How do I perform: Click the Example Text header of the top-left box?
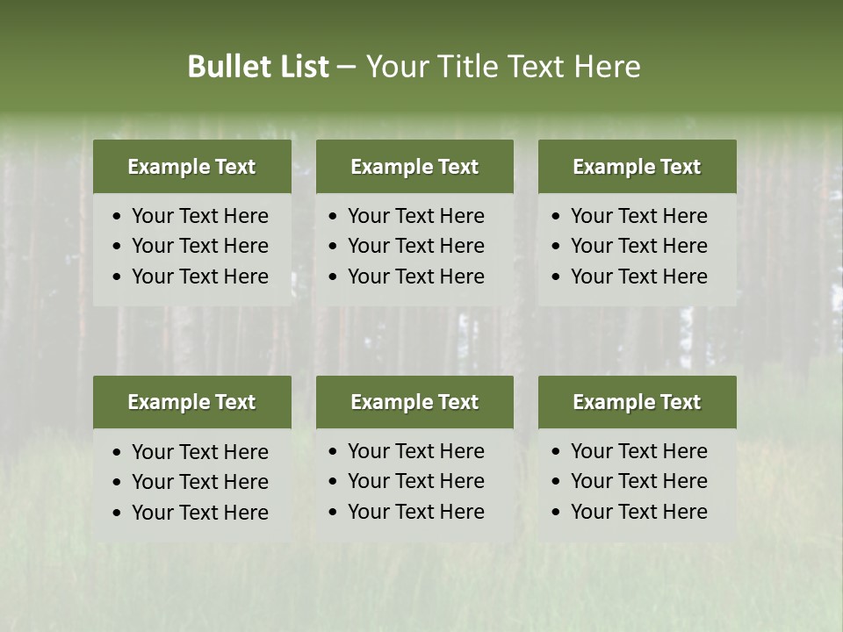coord(191,167)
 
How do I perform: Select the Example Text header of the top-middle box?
coord(414,167)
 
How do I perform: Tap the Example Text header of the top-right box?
coord(637,167)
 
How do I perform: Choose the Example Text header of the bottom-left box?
coord(191,402)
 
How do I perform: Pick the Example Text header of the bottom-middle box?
coord(414,402)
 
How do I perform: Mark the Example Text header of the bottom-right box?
coord(637,402)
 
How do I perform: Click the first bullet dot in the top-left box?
coord(118,217)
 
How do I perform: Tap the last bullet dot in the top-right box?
coord(557,277)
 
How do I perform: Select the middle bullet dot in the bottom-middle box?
coord(334,482)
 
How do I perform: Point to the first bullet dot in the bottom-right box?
coord(557,452)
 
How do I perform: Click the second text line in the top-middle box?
coord(415,246)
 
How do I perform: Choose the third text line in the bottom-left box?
coord(199,513)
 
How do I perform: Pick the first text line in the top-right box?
coord(638,216)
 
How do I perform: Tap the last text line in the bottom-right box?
coord(638,512)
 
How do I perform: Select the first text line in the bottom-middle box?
coord(415,451)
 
